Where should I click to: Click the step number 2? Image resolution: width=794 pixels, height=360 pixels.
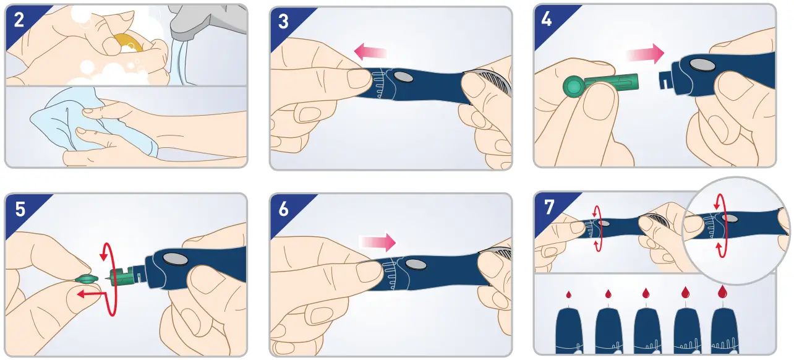pyautogui.click(x=19, y=20)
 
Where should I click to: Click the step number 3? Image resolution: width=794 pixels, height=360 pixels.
pyautogui.click(x=283, y=22)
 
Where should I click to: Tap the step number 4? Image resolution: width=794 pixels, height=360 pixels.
pyautogui.click(x=547, y=19)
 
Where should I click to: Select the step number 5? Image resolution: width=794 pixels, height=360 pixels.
pyautogui.click(x=20, y=209)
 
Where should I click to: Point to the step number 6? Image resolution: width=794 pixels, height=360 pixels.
pyautogui.click(x=284, y=209)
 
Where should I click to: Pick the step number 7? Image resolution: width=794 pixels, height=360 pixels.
pyautogui.click(x=549, y=207)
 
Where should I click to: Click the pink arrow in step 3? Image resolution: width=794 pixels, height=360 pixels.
pyautogui.click(x=370, y=52)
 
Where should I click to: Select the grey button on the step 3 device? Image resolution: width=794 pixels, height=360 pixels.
pyautogui.click(x=403, y=77)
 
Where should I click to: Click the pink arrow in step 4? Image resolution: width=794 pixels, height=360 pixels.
pyautogui.click(x=645, y=54)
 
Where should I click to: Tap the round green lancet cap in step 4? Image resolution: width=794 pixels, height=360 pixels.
pyautogui.click(x=573, y=87)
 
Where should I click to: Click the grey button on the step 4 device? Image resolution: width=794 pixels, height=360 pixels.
pyautogui.click(x=702, y=64)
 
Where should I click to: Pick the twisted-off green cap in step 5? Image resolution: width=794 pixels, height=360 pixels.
pyautogui.click(x=86, y=279)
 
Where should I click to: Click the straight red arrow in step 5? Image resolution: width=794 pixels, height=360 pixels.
pyautogui.click(x=92, y=294)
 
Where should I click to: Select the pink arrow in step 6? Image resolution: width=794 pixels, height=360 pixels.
pyautogui.click(x=377, y=242)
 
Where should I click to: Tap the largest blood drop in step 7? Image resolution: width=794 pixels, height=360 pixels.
pyautogui.click(x=722, y=291)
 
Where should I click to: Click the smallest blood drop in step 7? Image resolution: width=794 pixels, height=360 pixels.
pyautogui.click(x=568, y=294)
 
